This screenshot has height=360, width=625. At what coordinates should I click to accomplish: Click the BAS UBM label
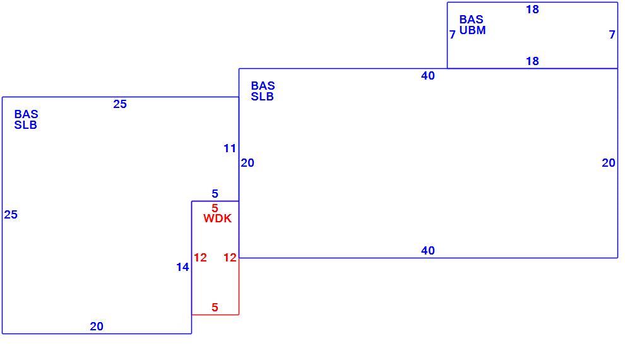[472, 25]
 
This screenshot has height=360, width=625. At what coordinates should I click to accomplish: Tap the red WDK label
[217, 219]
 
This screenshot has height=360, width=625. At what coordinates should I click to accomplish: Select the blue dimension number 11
[230, 148]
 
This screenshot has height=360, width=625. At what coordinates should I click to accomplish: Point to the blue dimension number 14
[182, 267]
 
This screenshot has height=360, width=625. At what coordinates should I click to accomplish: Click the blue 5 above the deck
[215, 194]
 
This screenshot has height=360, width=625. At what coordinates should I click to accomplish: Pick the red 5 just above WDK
[215, 208]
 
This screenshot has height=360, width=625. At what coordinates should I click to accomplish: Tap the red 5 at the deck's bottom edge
[215, 308]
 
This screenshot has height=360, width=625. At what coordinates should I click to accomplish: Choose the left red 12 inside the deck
[200, 258]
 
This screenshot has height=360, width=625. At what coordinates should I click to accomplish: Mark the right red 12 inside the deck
[230, 258]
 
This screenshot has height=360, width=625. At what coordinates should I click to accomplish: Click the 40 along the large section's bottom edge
[427, 251]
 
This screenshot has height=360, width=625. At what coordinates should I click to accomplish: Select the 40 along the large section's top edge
[427, 76]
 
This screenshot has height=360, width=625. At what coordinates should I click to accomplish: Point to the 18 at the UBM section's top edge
[532, 9]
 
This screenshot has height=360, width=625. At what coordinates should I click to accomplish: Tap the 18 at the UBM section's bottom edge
[532, 61]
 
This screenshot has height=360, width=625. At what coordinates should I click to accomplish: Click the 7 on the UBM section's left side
[453, 35]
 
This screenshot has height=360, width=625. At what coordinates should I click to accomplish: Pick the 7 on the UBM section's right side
[612, 35]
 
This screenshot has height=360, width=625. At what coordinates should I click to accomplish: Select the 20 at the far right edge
[609, 163]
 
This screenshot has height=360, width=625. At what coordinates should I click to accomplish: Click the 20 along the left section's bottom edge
[97, 327]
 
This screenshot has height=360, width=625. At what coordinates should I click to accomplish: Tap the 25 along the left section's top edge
[119, 104]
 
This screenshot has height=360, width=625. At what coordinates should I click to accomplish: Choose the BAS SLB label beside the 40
[263, 92]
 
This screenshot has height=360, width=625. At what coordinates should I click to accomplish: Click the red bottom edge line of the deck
[215, 315]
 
